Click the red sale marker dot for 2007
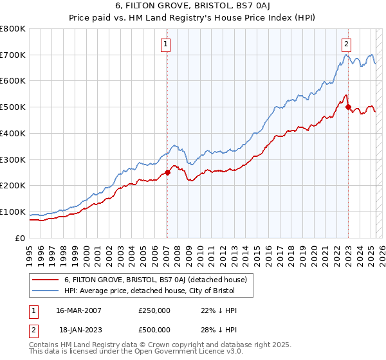(x=167, y=172)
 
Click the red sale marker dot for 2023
(x=348, y=107)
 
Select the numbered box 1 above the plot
(x=166, y=44)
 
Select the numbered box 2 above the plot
(x=346, y=44)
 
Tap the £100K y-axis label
(x=13, y=212)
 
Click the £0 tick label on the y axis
(x=21, y=238)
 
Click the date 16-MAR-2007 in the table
(x=78, y=310)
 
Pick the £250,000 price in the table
(x=154, y=310)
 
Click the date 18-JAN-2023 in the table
(x=78, y=329)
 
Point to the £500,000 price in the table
(x=154, y=329)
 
